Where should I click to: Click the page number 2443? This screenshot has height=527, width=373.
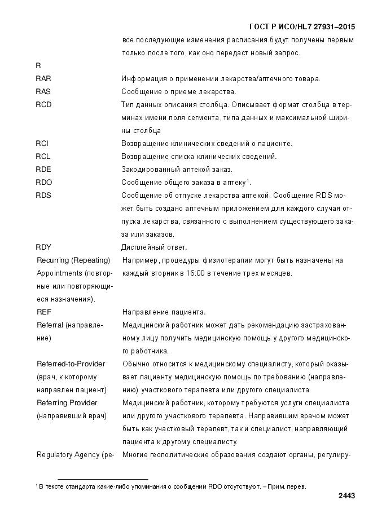[346, 496]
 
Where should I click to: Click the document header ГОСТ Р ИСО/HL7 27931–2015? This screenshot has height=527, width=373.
[302, 27]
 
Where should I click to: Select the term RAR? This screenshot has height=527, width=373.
[43, 79]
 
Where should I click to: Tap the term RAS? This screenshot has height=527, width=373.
[43, 92]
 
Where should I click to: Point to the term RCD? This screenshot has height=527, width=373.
[43, 105]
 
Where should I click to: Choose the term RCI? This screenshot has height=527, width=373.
[42, 144]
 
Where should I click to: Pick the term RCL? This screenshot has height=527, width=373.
[43, 157]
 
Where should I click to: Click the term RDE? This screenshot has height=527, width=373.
[43, 170]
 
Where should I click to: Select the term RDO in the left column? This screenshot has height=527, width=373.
[44, 183]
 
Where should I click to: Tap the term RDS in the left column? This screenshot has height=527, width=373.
[43, 196]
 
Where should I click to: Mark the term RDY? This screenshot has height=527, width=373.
[43, 247]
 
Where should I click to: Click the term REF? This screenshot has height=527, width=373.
[44, 312]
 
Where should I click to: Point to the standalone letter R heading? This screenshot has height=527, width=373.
[38, 66]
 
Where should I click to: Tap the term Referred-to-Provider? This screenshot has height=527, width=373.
[71, 364]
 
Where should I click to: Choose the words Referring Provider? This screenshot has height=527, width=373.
[67, 403]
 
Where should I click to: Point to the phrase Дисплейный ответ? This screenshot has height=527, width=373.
[154, 247]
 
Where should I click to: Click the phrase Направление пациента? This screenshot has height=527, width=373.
[156, 312]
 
